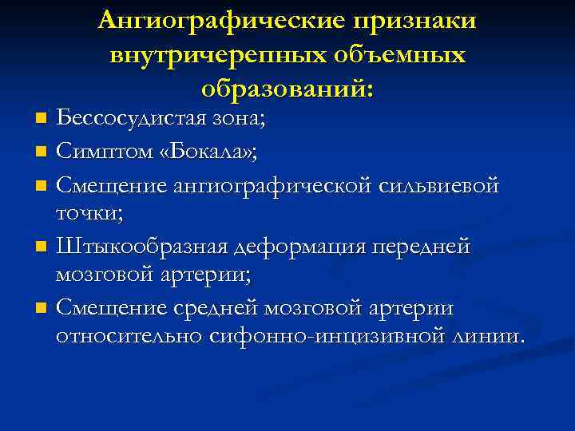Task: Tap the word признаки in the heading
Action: click(x=412, y=22)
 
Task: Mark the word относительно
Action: click(x=129, y=336)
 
